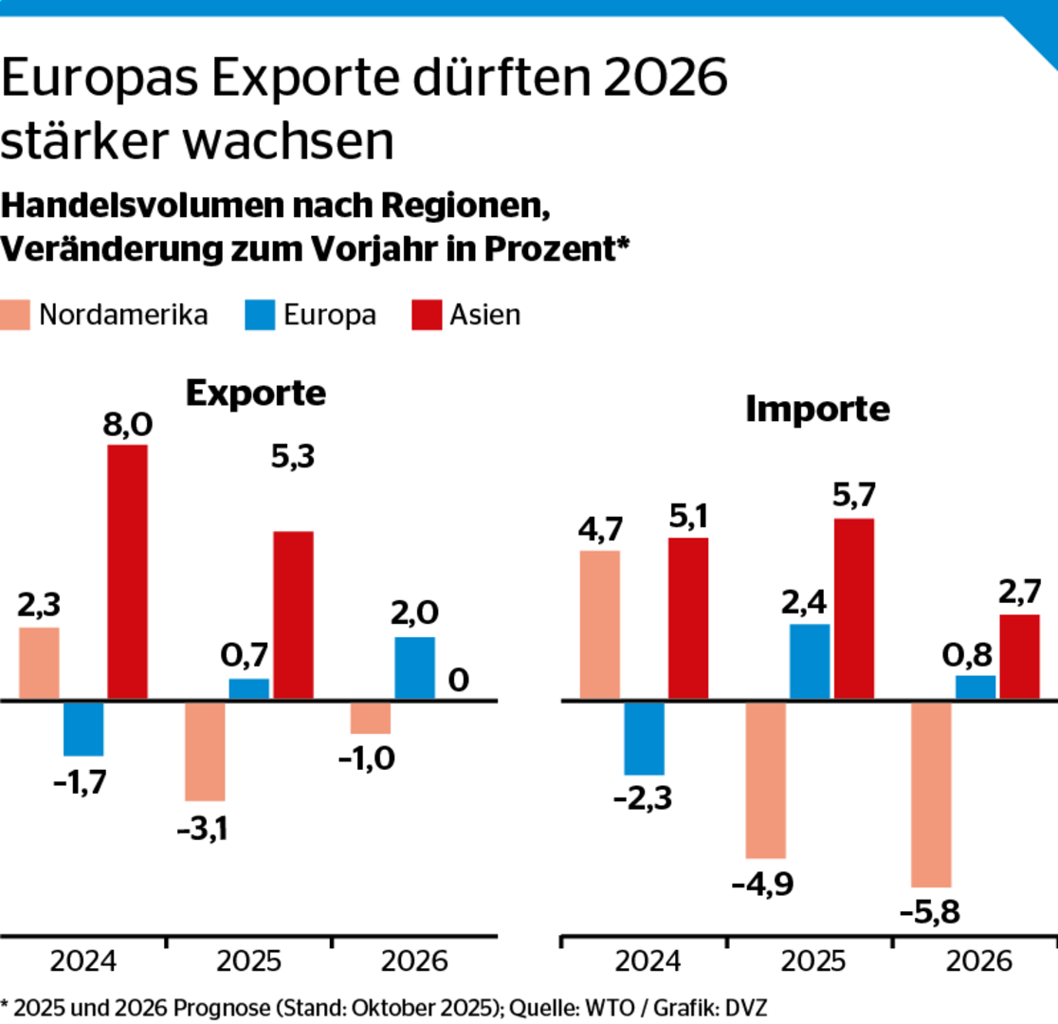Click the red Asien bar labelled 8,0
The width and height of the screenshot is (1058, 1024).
pyautogui.click(x=127, y=572)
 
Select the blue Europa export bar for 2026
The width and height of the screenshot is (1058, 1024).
pyautogui.click(x=414, y=668)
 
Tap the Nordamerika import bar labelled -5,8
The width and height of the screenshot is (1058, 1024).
pyautogui.click(x=930, y=794)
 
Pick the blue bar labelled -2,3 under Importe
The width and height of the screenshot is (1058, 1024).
pyautogui.click(x=644, y=738)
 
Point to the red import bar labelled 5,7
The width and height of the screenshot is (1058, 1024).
pyautogui.click(x=853, y=609)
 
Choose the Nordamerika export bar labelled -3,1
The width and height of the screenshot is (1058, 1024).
pyautogui.click(x=205, y=751)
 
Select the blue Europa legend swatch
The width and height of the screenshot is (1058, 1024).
pyautogui.click(x=260, y=315)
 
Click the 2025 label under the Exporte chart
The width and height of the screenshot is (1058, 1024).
pyautogui.click(x=249, y=961)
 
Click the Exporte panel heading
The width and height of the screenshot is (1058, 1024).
pyautogui.click(x=255, y=393)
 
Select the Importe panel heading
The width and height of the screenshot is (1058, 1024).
pyautogui.click(x=818, y=410)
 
